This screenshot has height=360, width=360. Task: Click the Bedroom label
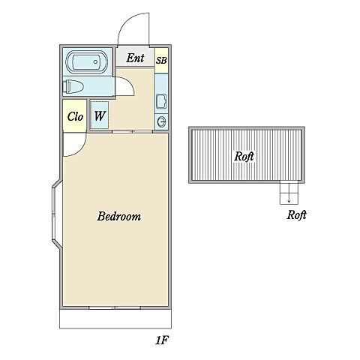119,217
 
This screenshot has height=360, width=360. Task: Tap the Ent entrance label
135,58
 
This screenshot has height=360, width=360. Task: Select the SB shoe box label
161,61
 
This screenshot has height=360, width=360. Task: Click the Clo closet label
75,116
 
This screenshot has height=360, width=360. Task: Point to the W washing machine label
100,115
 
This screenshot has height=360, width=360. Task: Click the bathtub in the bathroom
86,62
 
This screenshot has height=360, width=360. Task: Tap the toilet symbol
73,87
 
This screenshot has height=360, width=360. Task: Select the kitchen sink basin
161,101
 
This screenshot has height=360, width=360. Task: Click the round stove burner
161,121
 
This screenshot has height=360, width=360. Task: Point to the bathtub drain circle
95,61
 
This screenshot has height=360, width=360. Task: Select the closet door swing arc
81,148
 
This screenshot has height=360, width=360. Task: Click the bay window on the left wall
55,214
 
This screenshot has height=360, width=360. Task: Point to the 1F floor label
162,340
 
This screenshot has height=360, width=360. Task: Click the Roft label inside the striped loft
244,156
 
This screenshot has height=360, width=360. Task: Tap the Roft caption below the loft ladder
296,214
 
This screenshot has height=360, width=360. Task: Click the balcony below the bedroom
115,319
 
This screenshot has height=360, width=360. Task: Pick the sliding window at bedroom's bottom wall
115,307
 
